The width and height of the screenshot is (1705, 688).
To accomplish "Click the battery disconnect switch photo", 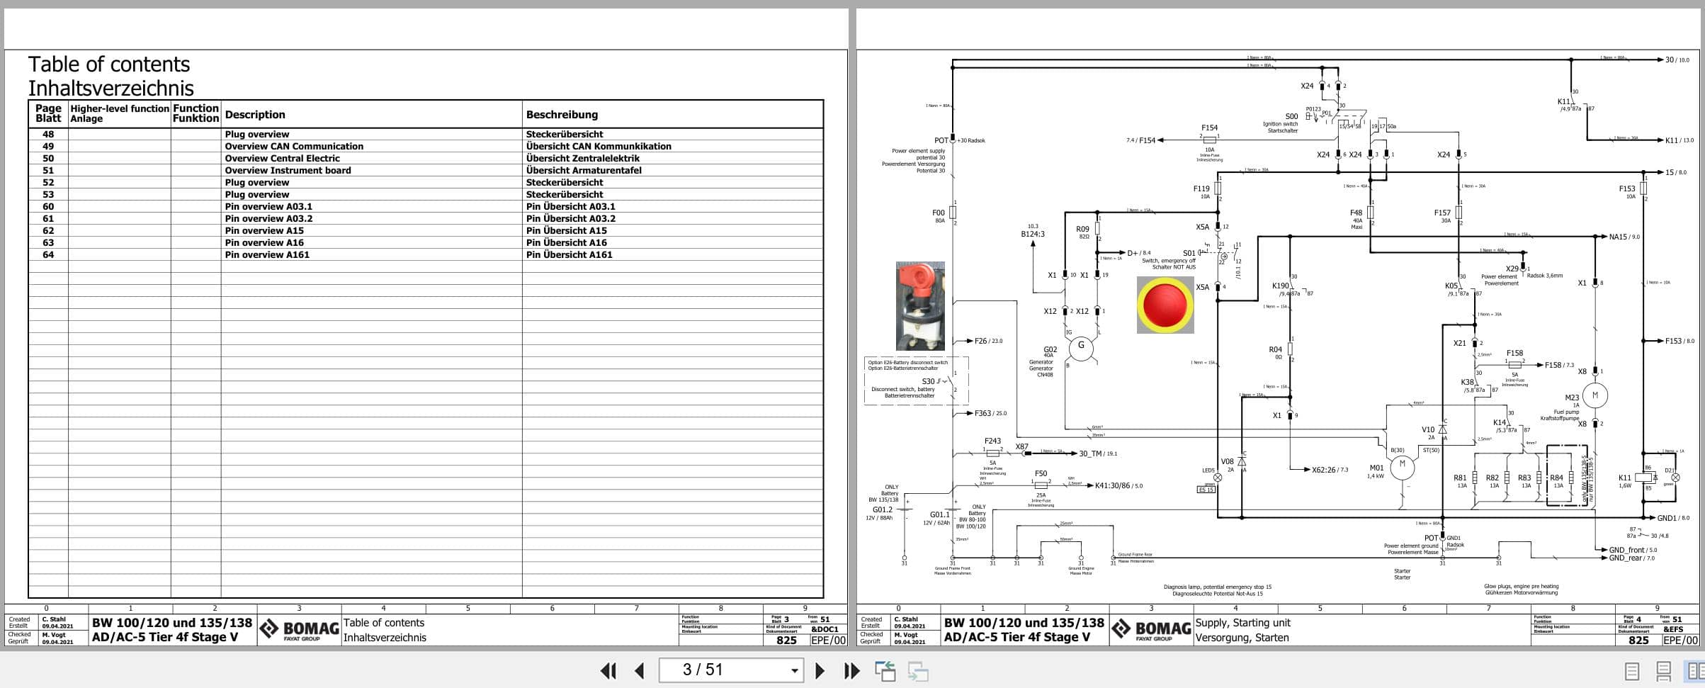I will (x=920, y=306).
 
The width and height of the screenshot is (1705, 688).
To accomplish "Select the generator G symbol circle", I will (x=1081, y=346).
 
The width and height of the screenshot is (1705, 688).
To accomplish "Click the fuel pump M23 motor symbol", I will (x=1595, y=395).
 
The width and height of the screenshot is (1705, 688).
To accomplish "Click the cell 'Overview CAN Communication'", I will (x=294, y=147).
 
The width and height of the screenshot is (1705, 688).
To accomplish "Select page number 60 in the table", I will (x=48, y=207).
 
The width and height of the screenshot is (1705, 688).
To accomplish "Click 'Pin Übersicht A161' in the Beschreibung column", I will (x=569, y=255).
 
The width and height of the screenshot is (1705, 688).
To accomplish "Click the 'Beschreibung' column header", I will (x=562, y=115).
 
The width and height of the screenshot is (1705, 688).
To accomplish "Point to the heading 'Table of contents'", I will (x=109, y=64).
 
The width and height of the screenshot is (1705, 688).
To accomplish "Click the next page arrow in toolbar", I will (x=820, y=670).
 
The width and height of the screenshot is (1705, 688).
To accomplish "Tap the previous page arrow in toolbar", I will (x=639, y=670).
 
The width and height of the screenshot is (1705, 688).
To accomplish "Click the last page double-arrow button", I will (x=851, y=670).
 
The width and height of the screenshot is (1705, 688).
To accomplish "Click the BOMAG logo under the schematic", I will (x=1151, y=629).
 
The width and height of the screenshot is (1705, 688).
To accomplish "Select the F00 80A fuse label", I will (x=938, y=213).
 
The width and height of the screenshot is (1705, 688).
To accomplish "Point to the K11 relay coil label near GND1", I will (x=1625, y=478).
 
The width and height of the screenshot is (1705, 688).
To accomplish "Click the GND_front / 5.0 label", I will (x=1633, y=550).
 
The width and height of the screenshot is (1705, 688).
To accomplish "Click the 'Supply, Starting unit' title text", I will (x=1242, y=623).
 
